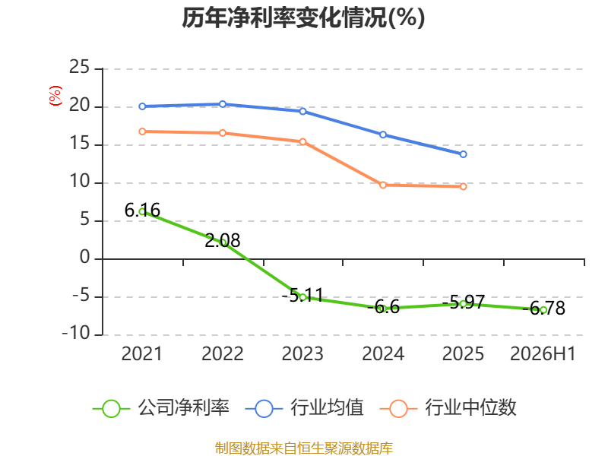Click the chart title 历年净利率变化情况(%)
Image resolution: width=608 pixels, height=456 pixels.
pyautogui.click(x=303, y=17)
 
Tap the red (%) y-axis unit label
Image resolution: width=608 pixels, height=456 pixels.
pyautogui.click(x=55, y=96)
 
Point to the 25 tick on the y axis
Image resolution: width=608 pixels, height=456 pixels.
pyautogui.click(x=80, y=68)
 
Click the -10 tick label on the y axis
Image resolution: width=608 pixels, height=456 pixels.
pyautogui.click(x=76, y=334)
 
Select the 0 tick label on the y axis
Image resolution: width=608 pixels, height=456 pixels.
pyautogui.click(x=85, y=258)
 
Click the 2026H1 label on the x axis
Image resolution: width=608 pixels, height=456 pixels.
pyautogui.click(x=543, y=353)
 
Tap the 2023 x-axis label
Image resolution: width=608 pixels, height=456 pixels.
pyautogui.click(x=302, y=353)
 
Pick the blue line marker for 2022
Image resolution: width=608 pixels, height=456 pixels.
pyautogui.click(x=223, y=104)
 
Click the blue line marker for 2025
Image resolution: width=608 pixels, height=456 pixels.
pyautogui.click(x=463, y=154)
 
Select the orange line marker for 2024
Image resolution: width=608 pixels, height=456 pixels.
pyautogui.click(x=383, y=185)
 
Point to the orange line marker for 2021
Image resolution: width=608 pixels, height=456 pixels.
pyautogui.click(x=142, y=131)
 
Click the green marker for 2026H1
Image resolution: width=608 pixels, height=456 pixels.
pyautogui.click(x=543, y=310)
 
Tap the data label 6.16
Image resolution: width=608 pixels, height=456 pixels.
pyautogui.click(x=142, y=211)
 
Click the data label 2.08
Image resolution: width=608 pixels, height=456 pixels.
pyautogui.click(x=223, y=240)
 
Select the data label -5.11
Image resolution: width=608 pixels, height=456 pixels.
pyautogui.click(x=302, y=295)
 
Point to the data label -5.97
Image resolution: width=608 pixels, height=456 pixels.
pyautogui.click(x=464, y=302)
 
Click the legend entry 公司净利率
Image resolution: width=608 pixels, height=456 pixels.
pyautogui.click(x=161, y=408)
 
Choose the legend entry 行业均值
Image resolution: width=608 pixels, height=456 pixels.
pyautogui.click(x=305, y=408)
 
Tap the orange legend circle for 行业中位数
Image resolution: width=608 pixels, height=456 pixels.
pyautogui.click(x=398, y=409)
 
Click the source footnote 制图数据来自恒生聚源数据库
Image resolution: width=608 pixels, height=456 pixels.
pyautogui.click(x=304, y=448)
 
